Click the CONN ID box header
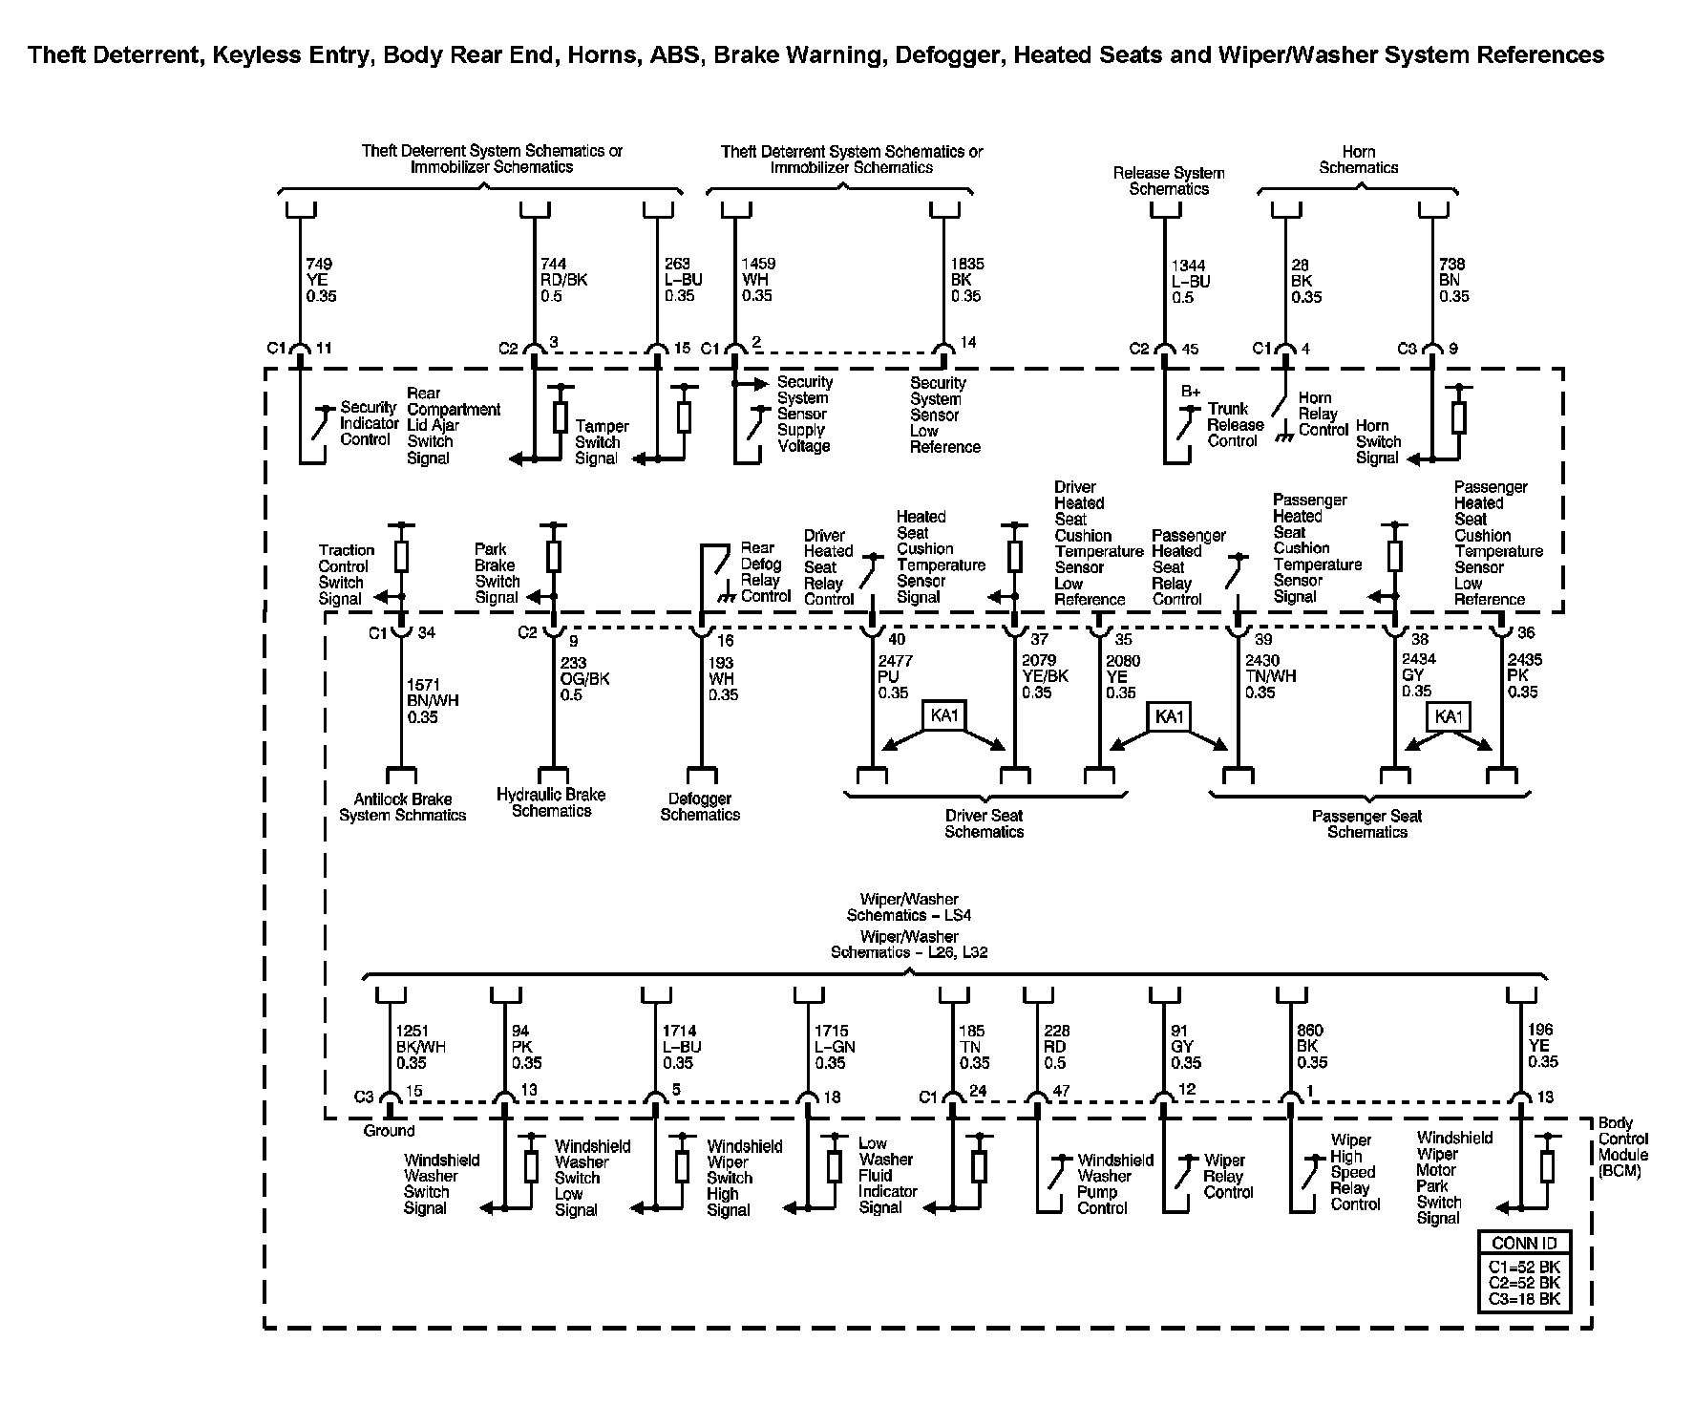point(1523,1243)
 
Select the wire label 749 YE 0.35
point(321,280)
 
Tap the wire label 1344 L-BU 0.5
point(1191,282)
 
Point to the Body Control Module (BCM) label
point(1622,1146)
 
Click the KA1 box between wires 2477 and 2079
point(943,715)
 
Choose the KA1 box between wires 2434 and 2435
point(1448,716)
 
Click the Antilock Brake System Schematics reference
point(402,807)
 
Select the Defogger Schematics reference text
point(700,806)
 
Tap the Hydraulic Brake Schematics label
point(551,802)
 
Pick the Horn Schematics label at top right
point(1358,160)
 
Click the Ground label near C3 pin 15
point(389,1131)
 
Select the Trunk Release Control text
point(1235,424)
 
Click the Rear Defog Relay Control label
point(765,572)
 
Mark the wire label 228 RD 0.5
point(1057,1047)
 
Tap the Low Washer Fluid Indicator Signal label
point(887,1175)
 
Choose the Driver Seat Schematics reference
point(984,823)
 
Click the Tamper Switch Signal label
point(601,442)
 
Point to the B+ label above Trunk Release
point(1190,392)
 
